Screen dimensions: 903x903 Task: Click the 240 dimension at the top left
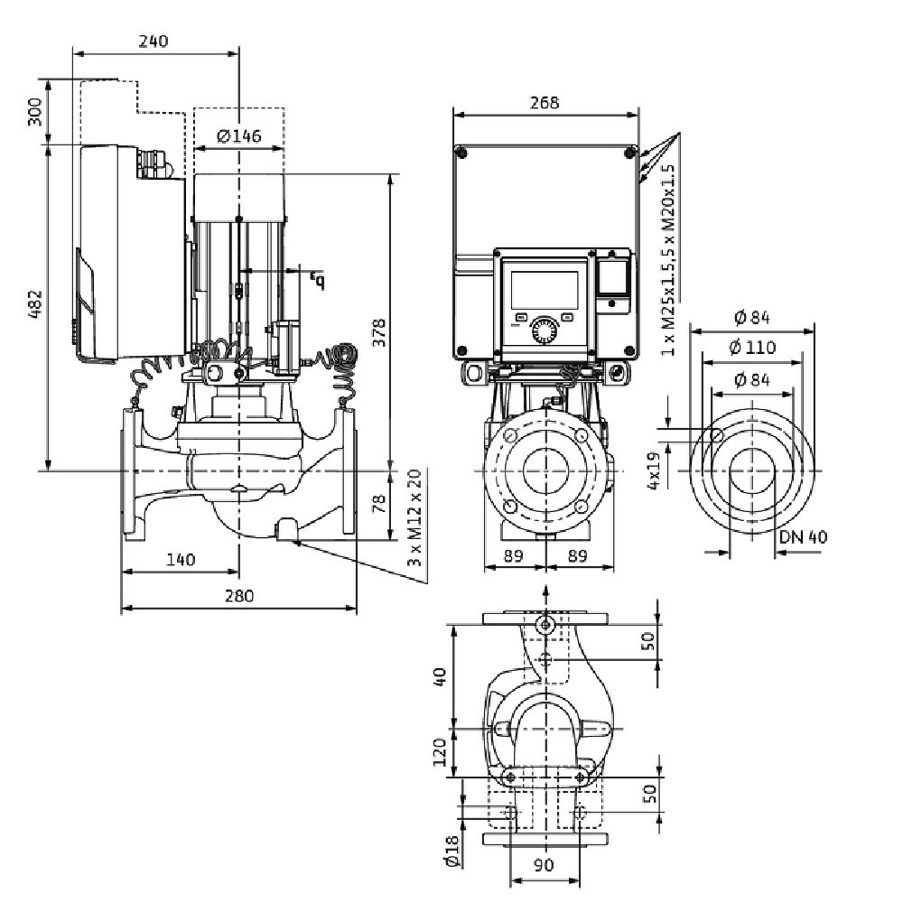click(x=154, y=42)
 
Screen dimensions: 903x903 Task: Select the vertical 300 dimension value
click(x=35, y=113)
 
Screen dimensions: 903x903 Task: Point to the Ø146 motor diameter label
click(x=239, y=136)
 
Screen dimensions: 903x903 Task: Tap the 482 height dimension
click(x=33, y=308)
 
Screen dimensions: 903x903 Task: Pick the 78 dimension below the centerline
click(x=379, y=504)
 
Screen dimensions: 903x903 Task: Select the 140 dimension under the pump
click(x=181, y=560)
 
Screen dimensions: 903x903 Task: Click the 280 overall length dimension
click(x=238, y=596)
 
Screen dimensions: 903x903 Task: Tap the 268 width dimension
click(x=545, y=103)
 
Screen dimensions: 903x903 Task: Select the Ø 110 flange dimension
click(x=751, y=349)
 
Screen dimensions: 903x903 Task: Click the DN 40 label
click(x=803, y=536)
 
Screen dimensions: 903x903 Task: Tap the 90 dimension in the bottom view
click(x=544, y=864)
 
